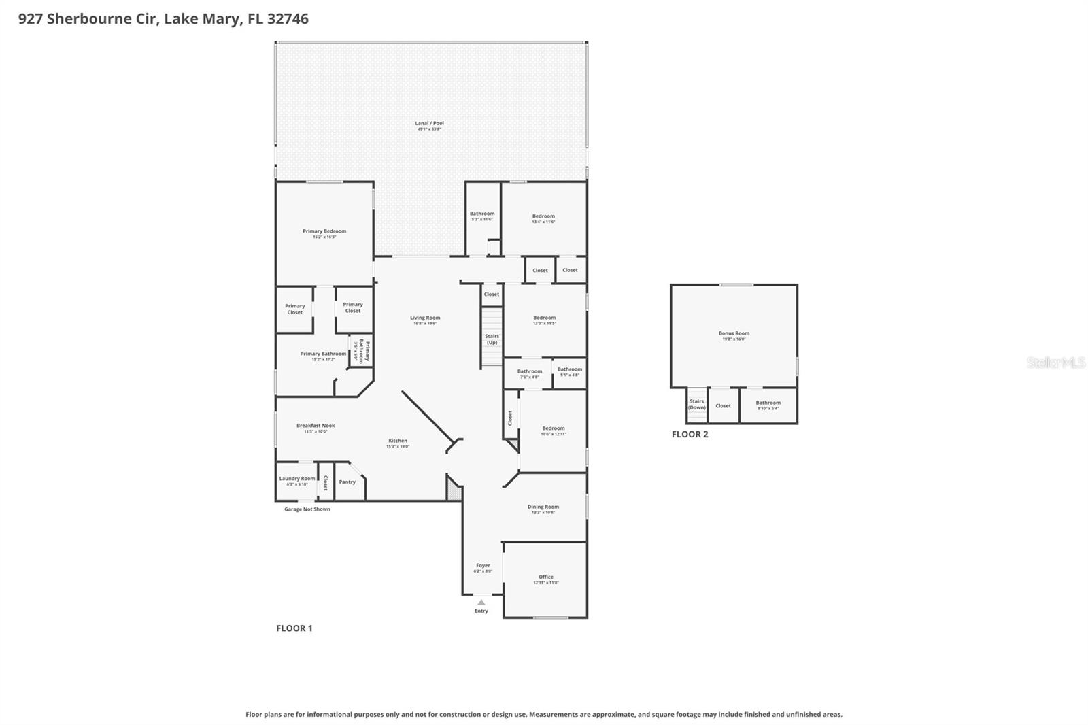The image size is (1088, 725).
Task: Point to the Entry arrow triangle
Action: coord(481,602)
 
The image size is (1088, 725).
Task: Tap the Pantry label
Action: coord(347,482)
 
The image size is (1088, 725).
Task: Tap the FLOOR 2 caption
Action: coord(690,434)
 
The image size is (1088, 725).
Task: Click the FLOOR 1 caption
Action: coord(294,628)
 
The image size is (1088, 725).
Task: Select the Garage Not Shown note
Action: coord(307,509)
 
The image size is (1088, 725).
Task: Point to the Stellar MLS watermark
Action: coord(1055,362)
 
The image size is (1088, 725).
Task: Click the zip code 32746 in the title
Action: coord(288,18)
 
